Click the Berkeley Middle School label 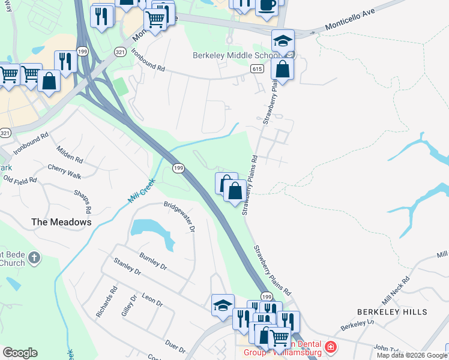tap(235, 56)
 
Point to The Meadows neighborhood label tap(61, 222)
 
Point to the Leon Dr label tap(152, 300)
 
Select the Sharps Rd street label tap(82, 202)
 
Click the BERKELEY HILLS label tap(392, 312)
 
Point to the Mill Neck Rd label tap(396, 290)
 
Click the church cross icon tap(34, 259)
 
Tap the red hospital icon tap(330, 347)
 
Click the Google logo tap(20, 353)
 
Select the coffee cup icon tap(267, 5)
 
